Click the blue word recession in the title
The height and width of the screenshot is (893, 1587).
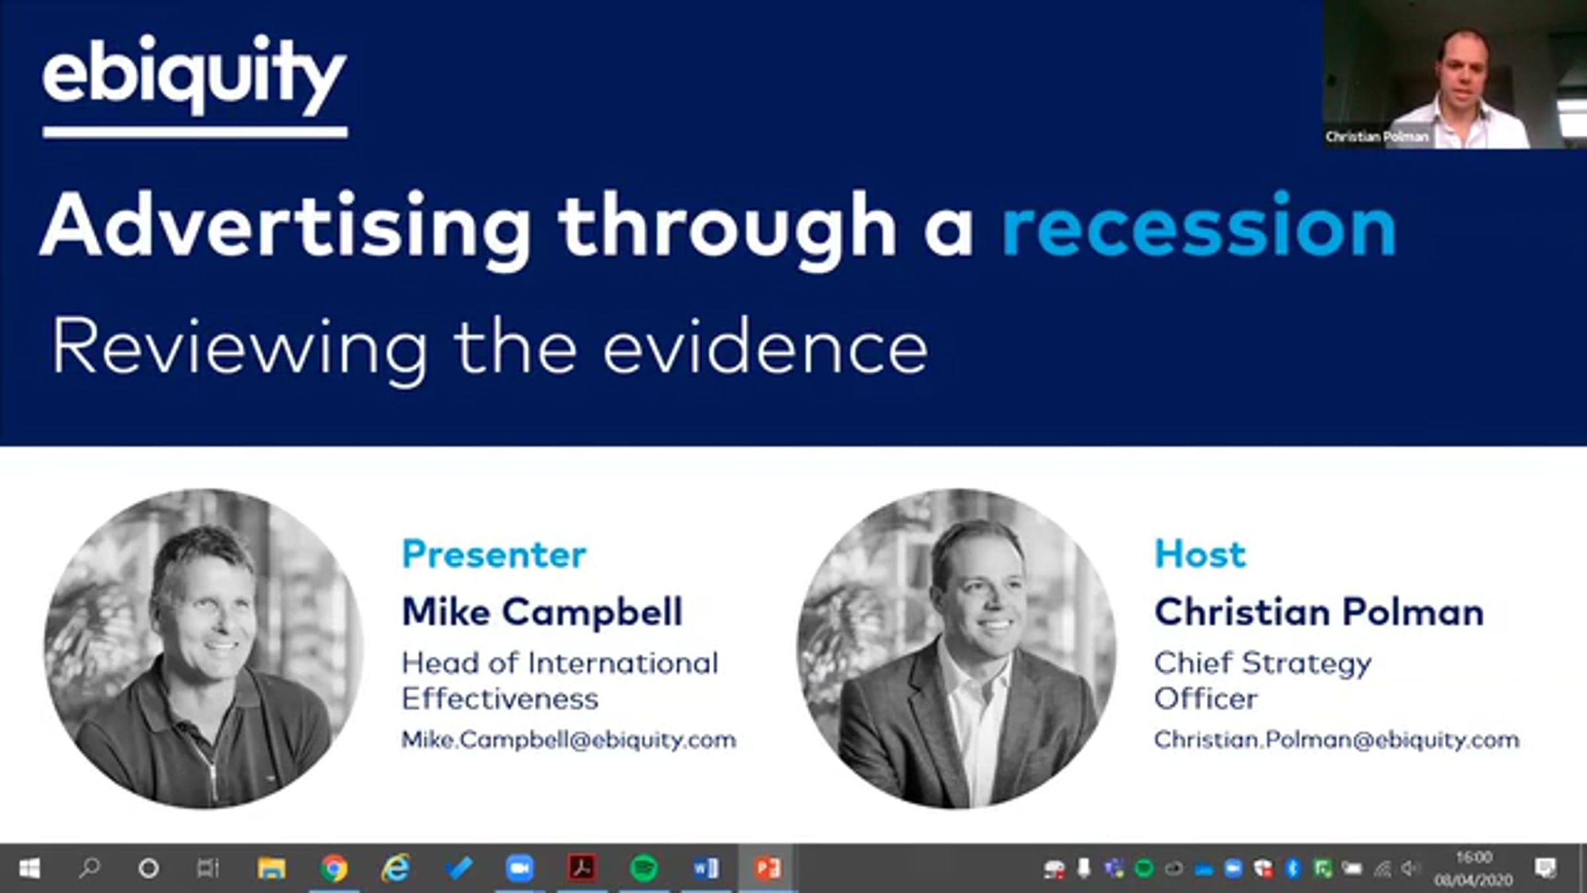click(1199, 226)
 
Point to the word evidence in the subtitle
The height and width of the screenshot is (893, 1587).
click(765, 345)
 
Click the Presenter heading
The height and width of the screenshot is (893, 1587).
click(494, 554)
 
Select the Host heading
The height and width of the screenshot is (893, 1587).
click(1200, 554)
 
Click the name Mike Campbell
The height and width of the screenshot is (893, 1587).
click(542, 612)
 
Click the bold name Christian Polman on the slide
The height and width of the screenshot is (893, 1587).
click(1319, 612)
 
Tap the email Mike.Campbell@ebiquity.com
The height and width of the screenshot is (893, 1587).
click(569, 739)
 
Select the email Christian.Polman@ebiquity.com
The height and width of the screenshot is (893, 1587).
click(1336, 739)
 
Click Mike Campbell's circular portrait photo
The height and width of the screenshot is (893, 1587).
click(204, 648)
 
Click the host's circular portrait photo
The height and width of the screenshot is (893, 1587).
click(956, 648)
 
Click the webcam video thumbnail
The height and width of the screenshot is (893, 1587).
click(1455, 74)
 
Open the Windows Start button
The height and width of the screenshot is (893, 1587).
click(29, 868)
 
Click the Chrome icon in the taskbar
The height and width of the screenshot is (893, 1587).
click(333, 868)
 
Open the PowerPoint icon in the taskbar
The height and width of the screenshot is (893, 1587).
click(768, 868)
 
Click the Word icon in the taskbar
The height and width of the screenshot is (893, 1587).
click(706, 868)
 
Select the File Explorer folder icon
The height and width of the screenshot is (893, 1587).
click(271, 868)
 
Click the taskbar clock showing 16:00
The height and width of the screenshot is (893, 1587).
click(1474, 858)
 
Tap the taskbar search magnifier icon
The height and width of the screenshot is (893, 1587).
click(89, 868)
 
